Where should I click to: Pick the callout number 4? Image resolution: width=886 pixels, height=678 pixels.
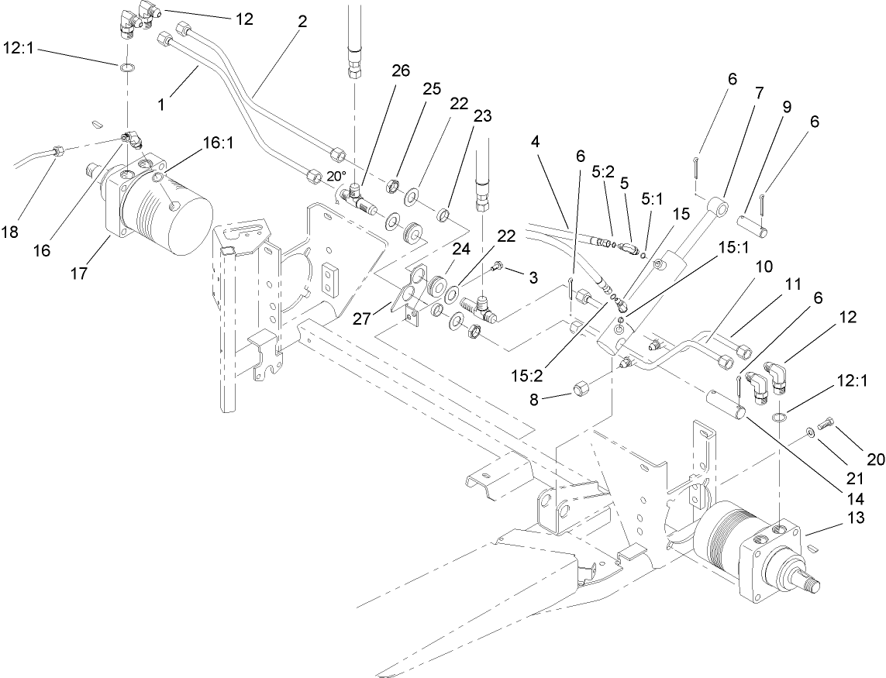536,141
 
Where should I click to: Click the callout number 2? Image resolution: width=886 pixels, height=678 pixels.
302,22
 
